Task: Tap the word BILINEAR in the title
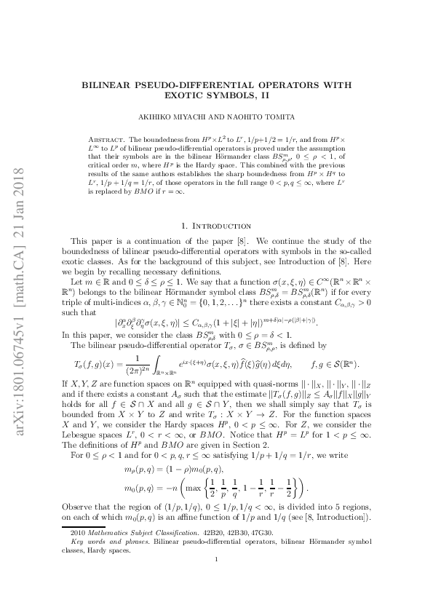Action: (122, 84)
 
